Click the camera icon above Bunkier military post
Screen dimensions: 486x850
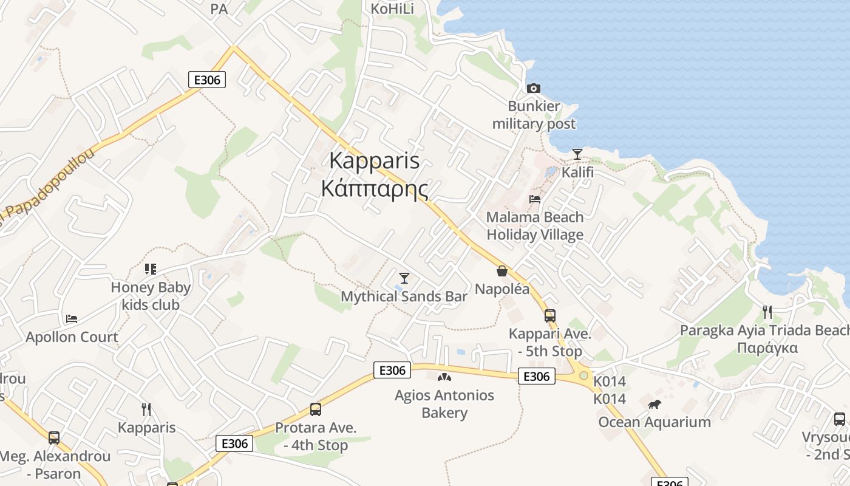tap(534, 88)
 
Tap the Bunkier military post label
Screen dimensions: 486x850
tap(534, 115)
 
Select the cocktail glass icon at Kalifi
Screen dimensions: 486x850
tap(577, 154)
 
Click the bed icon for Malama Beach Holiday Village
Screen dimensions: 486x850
tap(535, 199)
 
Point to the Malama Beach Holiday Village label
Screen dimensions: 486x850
tap(535, 226)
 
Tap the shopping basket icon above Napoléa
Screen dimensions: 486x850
tap(501, 271)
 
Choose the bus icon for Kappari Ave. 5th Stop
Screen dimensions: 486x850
tap(550, 316)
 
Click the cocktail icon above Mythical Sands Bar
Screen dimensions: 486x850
tap(404, 278)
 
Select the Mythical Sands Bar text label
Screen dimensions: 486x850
tap(404, 296)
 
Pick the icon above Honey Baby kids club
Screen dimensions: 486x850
tap(151, 269)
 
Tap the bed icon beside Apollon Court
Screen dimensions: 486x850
tap(72, 318)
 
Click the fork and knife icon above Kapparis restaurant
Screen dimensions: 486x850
tap(146, 409)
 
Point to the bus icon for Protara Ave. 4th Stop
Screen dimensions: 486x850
tap(316, 409)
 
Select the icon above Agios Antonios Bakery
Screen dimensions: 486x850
tap(444, 377)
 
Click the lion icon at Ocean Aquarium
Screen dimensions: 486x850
tap(654, 404)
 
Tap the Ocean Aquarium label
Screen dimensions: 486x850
tap(654, 422)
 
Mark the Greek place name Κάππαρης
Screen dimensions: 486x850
tap(375, 189)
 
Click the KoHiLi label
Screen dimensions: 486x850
tap(392, 9)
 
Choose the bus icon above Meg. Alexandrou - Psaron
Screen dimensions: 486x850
tap(54, 437)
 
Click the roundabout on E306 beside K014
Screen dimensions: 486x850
tap(583, 375)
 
